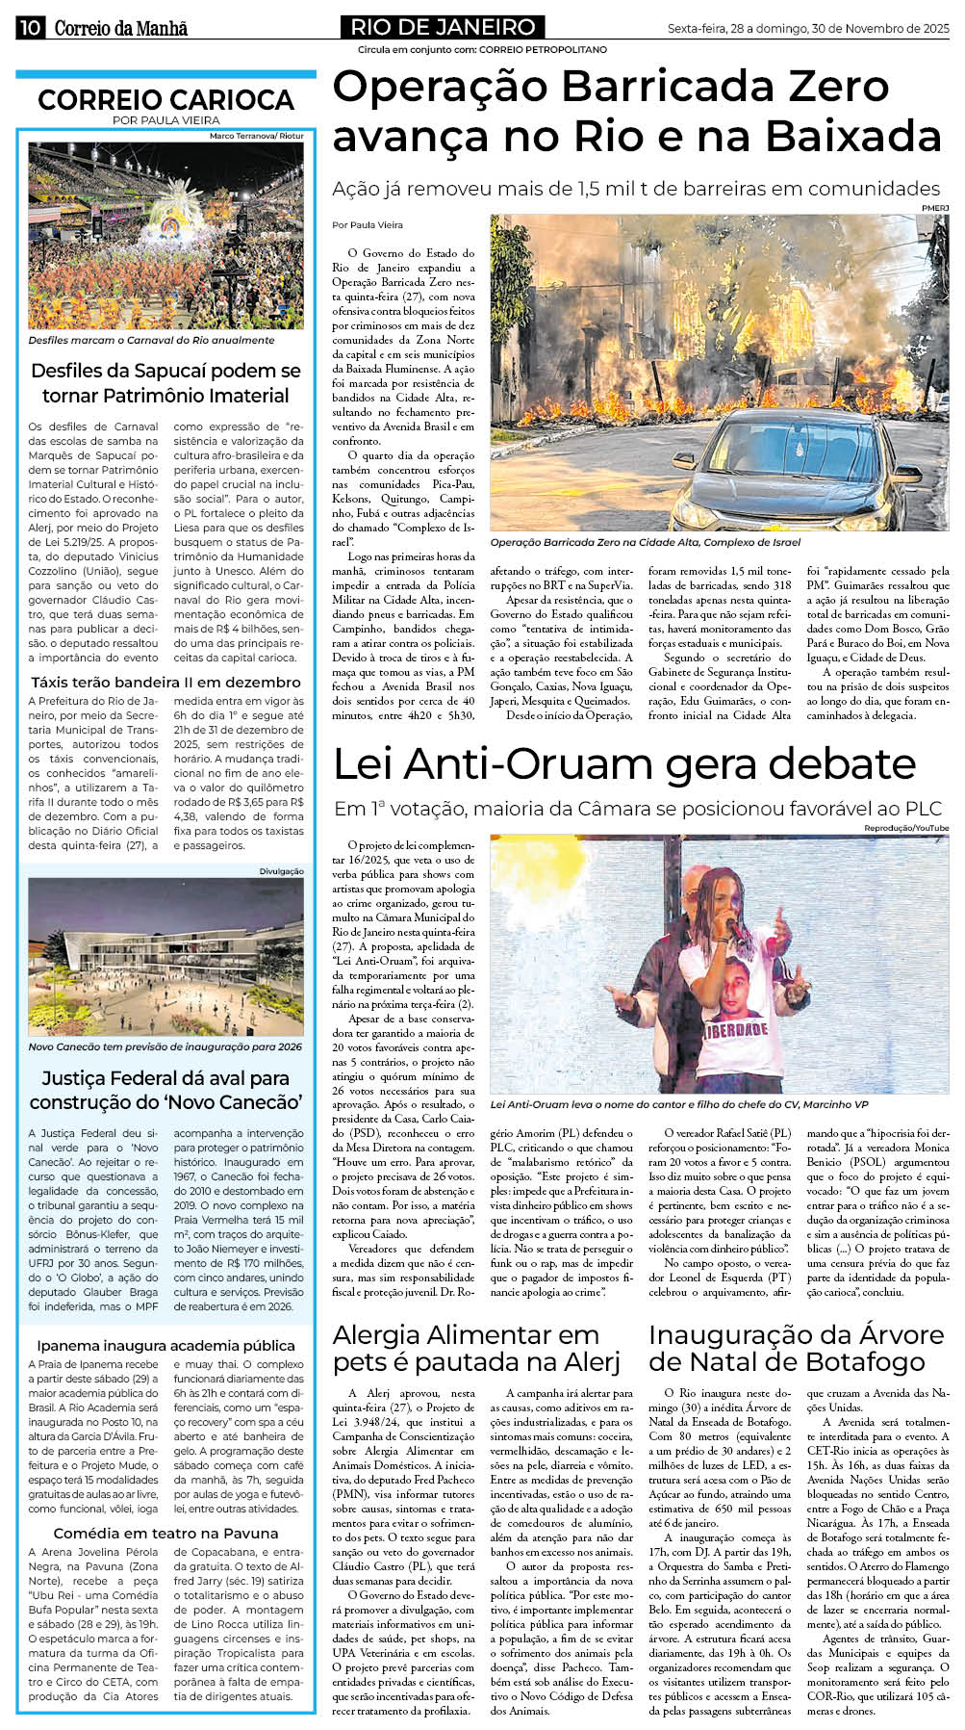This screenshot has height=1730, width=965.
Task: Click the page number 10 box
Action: pos(29,28)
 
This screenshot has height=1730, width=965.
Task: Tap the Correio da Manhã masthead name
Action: pos(120,28)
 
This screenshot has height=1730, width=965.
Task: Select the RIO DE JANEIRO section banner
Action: pos(443,27)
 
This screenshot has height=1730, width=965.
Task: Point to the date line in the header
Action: pos(808,29)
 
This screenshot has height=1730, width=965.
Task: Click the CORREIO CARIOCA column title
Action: pos(165,99)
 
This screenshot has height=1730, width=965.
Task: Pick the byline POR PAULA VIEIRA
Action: pos(165,120)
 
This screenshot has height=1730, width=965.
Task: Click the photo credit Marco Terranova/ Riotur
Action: pos(256,136)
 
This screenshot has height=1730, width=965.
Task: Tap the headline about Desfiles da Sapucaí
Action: pos(165,383)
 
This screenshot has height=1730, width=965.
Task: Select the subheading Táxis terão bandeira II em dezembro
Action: pos(165,682)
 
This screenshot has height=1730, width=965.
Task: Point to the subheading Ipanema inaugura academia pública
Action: pos(165,1345)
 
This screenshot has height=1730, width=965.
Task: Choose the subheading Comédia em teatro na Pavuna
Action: pos(165,1533)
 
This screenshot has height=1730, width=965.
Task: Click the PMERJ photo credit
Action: pos(934,208)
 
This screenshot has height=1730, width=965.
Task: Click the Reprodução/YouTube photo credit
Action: pos(905,828)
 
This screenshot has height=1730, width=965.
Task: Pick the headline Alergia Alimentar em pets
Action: pos(478,1348)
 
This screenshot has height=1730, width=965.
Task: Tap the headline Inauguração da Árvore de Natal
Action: pos(796,1348)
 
